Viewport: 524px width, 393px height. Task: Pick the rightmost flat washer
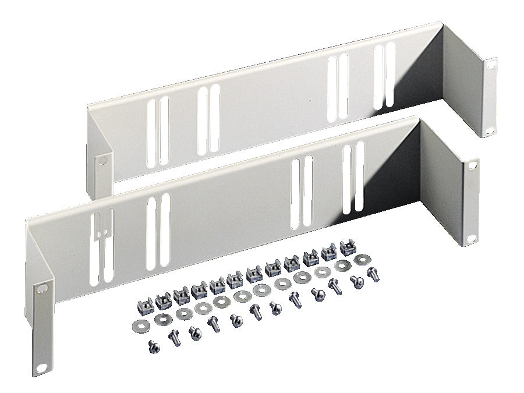coord(365,258)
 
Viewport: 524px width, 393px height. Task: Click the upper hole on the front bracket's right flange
coord(472,165)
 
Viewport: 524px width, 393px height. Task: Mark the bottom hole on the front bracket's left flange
coord(41,367)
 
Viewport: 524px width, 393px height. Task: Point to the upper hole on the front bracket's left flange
coord(41,288)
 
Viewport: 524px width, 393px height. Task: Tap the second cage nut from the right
coord(329,252)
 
